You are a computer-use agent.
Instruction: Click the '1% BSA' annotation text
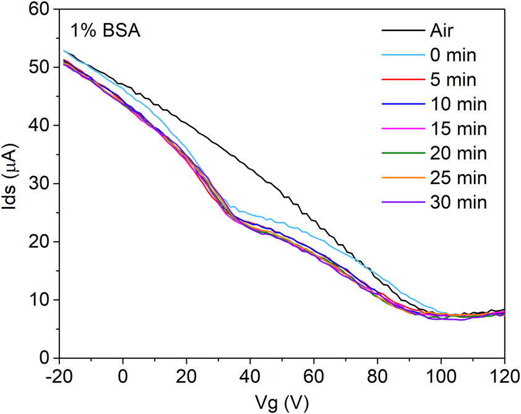(x=105, y=30)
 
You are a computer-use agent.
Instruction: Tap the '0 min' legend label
(x=452, y=55)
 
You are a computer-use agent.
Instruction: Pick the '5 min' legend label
(x=452, y=79)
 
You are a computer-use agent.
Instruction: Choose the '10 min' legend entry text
(x=457, y=104)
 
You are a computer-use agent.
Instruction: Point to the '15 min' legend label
(x=457, y=129)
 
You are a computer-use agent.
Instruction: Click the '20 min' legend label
(x=457, y=153)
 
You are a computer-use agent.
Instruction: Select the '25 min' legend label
(x=457, y=178)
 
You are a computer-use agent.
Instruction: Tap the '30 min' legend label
(x=457, y=202)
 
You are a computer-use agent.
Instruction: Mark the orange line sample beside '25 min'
(x=401, y=178)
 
